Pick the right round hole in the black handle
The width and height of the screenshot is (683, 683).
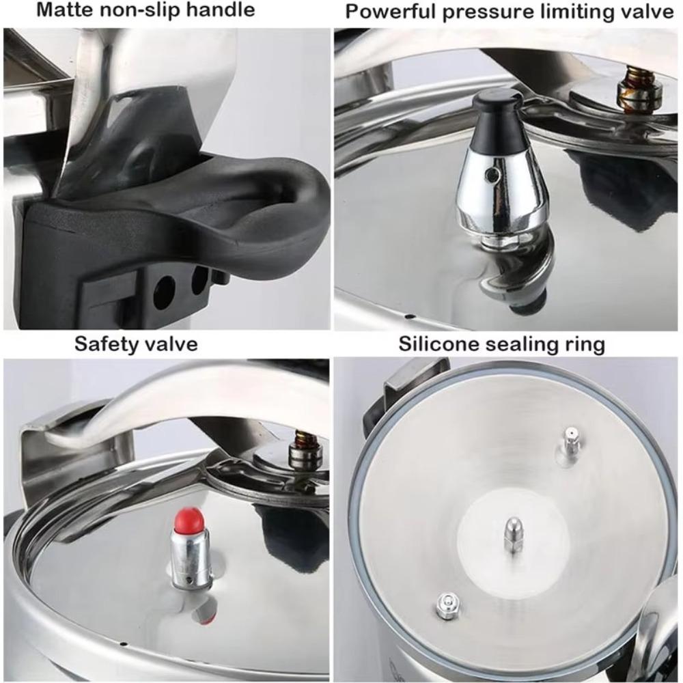200,279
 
